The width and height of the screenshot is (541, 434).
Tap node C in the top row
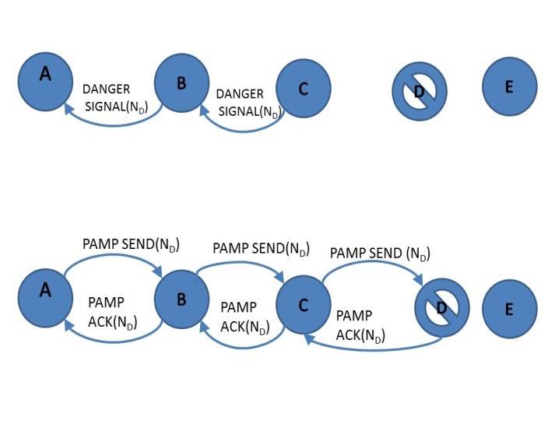point(304,88)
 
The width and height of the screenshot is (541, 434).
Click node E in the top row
point(509,87)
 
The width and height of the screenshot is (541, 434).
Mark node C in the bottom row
point(304,303)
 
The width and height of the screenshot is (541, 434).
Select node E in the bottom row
point(509,309)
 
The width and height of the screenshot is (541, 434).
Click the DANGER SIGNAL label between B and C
point(248,102)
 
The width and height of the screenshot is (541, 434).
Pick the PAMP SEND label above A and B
point(131,245)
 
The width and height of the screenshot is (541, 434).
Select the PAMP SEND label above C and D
point(380,254)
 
